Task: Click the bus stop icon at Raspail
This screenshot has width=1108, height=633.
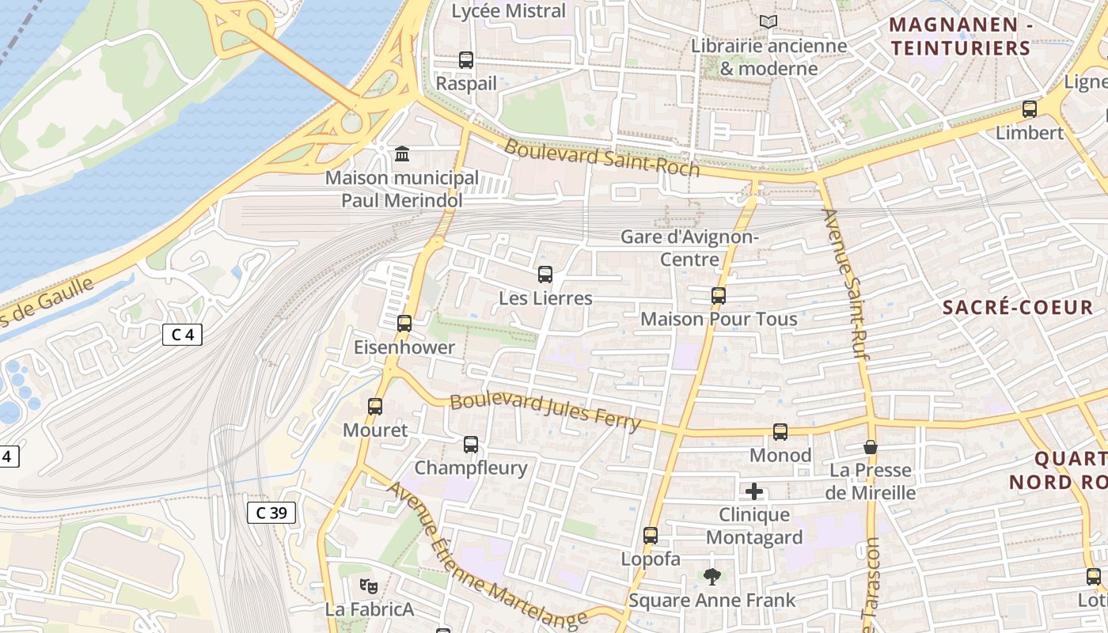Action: coord(466,59)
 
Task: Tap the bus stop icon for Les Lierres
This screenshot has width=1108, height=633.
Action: coord(545,275)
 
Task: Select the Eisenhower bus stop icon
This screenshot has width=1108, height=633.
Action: coord(404,323)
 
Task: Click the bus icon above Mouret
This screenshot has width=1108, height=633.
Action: coord(375,407)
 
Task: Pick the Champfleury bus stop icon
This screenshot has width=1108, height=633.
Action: coord(471,445)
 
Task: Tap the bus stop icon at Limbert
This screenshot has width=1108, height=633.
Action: coord(1030,109)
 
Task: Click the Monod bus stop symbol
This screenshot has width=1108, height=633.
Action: coord(780,432)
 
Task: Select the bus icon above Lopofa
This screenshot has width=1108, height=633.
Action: coord(651,536)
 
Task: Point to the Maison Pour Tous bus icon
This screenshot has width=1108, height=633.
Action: coord(719,296)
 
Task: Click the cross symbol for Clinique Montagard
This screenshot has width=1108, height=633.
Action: coord(754,491)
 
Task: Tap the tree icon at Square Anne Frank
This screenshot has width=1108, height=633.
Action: coord(712,577)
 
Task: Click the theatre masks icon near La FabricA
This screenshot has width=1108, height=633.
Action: coord(368,586)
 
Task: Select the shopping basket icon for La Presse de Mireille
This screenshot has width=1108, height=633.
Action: coord(871,447)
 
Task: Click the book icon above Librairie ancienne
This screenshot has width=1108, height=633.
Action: coord(768,22)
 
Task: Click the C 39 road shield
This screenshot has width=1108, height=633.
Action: coord(271,513)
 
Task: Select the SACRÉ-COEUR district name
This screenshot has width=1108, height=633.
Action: coord(1017,307)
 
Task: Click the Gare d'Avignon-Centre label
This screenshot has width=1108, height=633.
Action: coord(689,248)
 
